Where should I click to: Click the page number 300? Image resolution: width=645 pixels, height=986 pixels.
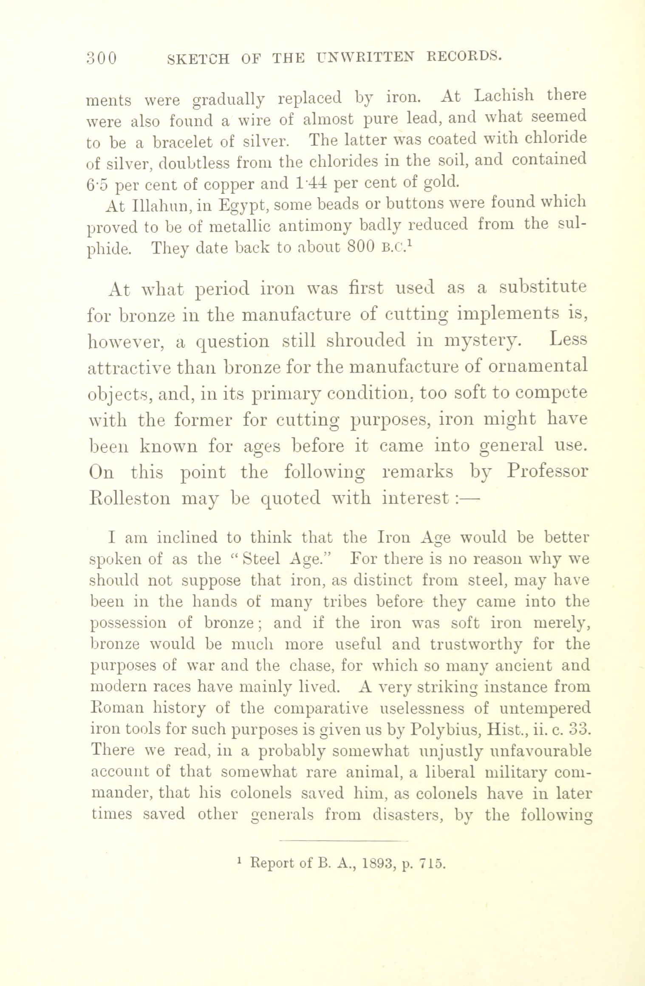click(101, 58)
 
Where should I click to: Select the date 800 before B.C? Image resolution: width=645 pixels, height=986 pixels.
click(361, 247)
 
